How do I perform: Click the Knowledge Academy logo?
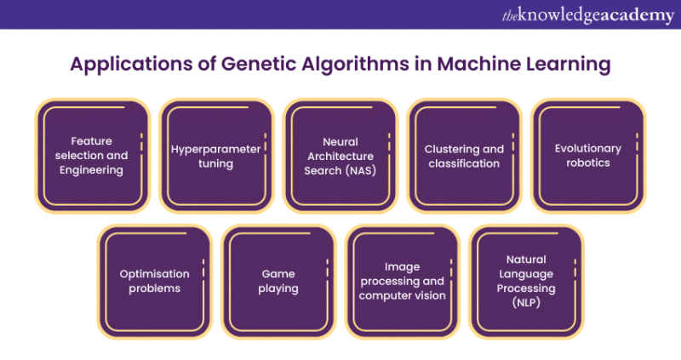point(588,15)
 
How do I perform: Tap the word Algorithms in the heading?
point(355,65)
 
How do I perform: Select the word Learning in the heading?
point(568,65)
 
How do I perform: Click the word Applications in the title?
point(131,65)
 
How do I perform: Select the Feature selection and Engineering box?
point(93,156)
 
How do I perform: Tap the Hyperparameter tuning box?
point(216,156)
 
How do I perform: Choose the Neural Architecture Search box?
point(340,156)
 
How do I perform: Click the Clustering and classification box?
point(464,156)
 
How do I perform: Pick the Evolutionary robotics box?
point(588,156)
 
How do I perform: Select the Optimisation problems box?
point(155,282)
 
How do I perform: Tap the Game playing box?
point(278,282)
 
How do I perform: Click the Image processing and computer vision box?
point(403,282)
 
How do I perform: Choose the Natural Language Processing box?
point(526,282)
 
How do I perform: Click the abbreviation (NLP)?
point(526,303)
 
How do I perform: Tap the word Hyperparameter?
point(215,150)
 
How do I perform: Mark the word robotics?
point(588,163)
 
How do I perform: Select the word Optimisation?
point(155,274)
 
